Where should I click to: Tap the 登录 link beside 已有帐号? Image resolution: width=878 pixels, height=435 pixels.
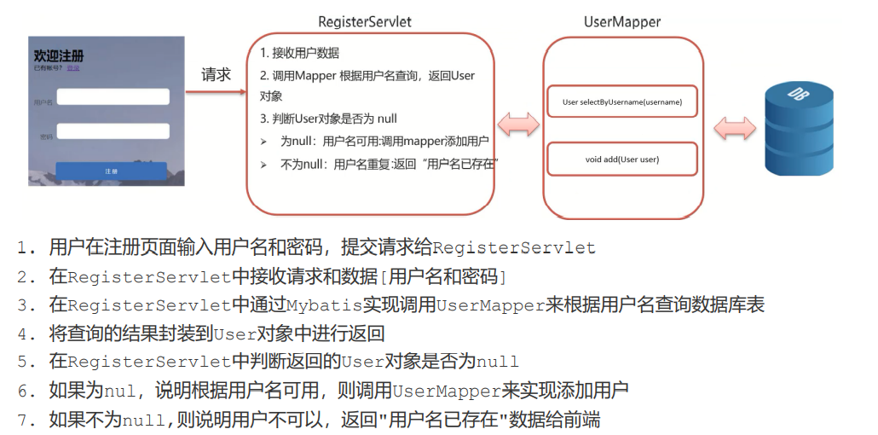click(x=73, y=67)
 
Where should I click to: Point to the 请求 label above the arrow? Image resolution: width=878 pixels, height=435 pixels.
click(x=216, y=74)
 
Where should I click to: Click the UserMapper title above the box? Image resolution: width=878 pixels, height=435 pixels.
click(x=622, y=21)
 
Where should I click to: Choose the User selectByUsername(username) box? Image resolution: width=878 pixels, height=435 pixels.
click(x=622, y=101)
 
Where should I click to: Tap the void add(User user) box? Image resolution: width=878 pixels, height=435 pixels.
click(x=622, y=159)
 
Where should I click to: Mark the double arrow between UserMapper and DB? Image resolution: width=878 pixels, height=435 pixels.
click(x=736, y=128)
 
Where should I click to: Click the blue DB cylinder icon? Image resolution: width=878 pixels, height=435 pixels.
click(x=798, y=128)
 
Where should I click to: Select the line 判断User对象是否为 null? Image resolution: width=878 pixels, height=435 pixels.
click(x=329, y=119)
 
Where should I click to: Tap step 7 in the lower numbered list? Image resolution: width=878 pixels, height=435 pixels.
click(x=315, y=419)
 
